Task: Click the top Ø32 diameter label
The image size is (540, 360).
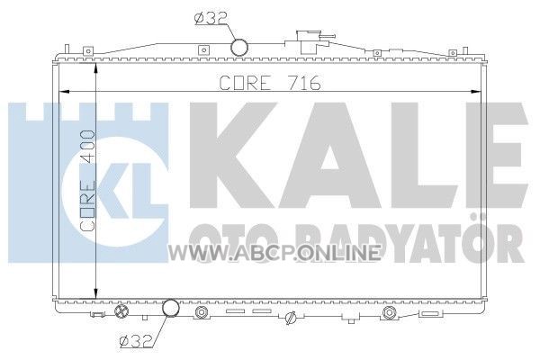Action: tap(210, 19)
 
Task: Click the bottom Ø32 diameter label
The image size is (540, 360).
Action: tap(135, 341)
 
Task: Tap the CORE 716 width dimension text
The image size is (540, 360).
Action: tap(270, 83)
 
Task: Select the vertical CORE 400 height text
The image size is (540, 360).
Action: tap(87, 181)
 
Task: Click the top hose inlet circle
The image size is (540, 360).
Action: tap(239, 47)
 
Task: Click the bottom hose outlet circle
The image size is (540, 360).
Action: tap(171, 308)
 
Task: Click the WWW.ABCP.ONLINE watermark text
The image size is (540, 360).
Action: tap(274, 254)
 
